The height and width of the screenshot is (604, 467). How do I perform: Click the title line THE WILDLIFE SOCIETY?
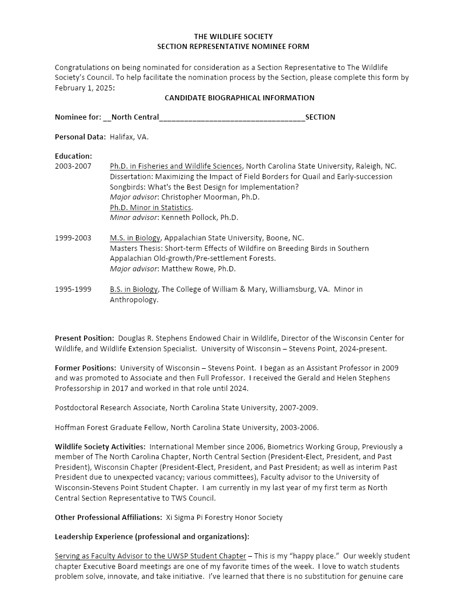tap(233, 36)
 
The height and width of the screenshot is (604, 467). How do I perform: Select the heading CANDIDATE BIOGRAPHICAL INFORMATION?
tap(239, 97)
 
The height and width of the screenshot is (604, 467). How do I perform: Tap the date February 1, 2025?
tap(84, 88)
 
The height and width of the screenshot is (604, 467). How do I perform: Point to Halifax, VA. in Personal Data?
tap(129, 137)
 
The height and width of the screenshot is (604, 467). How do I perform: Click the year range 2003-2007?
tap(73, 166)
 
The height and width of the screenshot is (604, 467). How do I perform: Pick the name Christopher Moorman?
tap(192, 197)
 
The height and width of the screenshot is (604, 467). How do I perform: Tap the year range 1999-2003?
tap(73, 238)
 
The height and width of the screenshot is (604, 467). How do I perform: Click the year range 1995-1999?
tap(73, 289)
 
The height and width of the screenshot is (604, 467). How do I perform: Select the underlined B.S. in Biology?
tap(134, 289)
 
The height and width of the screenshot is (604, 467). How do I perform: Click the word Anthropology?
tap(134, 299)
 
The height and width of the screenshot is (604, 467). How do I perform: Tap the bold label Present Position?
tap(84, 338)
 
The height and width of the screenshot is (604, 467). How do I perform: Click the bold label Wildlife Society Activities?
tap(100, 446)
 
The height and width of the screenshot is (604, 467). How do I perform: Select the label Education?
tap(74, 156)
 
